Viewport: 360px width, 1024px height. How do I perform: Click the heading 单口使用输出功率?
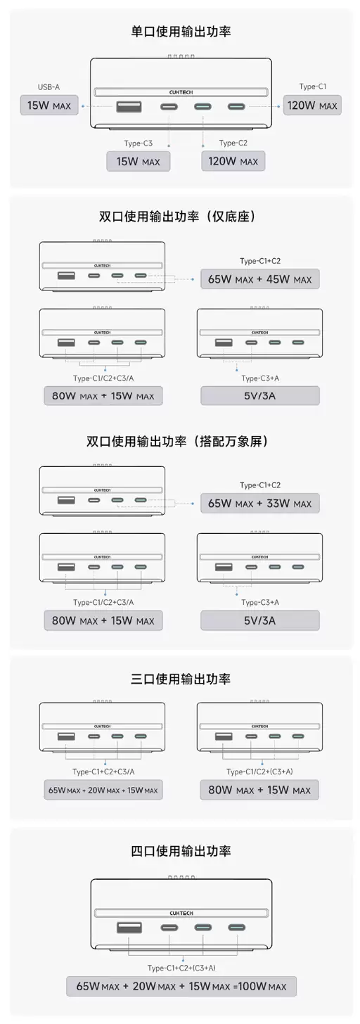(181, 32)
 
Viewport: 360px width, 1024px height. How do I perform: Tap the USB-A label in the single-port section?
(49, 87)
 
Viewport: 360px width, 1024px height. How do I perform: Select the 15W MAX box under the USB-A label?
(49, 105)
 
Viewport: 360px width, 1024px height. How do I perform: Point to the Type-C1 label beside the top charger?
(312, 87)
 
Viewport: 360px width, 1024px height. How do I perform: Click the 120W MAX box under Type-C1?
(312, 105)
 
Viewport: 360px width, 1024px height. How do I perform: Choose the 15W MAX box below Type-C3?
(138, 161)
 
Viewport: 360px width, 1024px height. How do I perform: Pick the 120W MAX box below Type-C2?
(233, 161)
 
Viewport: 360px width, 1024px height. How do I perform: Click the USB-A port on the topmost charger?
(129, 106)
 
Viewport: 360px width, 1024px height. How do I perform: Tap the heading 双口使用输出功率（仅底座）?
(176, 216)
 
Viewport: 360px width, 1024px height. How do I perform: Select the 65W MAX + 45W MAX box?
(260, 279)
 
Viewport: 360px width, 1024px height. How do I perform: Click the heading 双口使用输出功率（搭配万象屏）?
(176, 441)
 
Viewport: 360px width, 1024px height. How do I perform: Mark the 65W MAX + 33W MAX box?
(260, 504)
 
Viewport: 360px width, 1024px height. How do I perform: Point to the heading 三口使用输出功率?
(181, 679)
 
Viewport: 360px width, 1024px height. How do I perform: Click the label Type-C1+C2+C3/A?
(103, 772)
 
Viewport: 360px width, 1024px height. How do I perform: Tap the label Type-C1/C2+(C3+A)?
(259, 772)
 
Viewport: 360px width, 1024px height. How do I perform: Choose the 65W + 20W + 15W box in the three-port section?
(103, 790)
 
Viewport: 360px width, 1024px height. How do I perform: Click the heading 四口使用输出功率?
(181, 851)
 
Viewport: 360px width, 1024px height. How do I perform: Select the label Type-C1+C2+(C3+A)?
(181, 967)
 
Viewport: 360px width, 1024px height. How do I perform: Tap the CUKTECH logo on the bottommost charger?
(181, 913)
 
